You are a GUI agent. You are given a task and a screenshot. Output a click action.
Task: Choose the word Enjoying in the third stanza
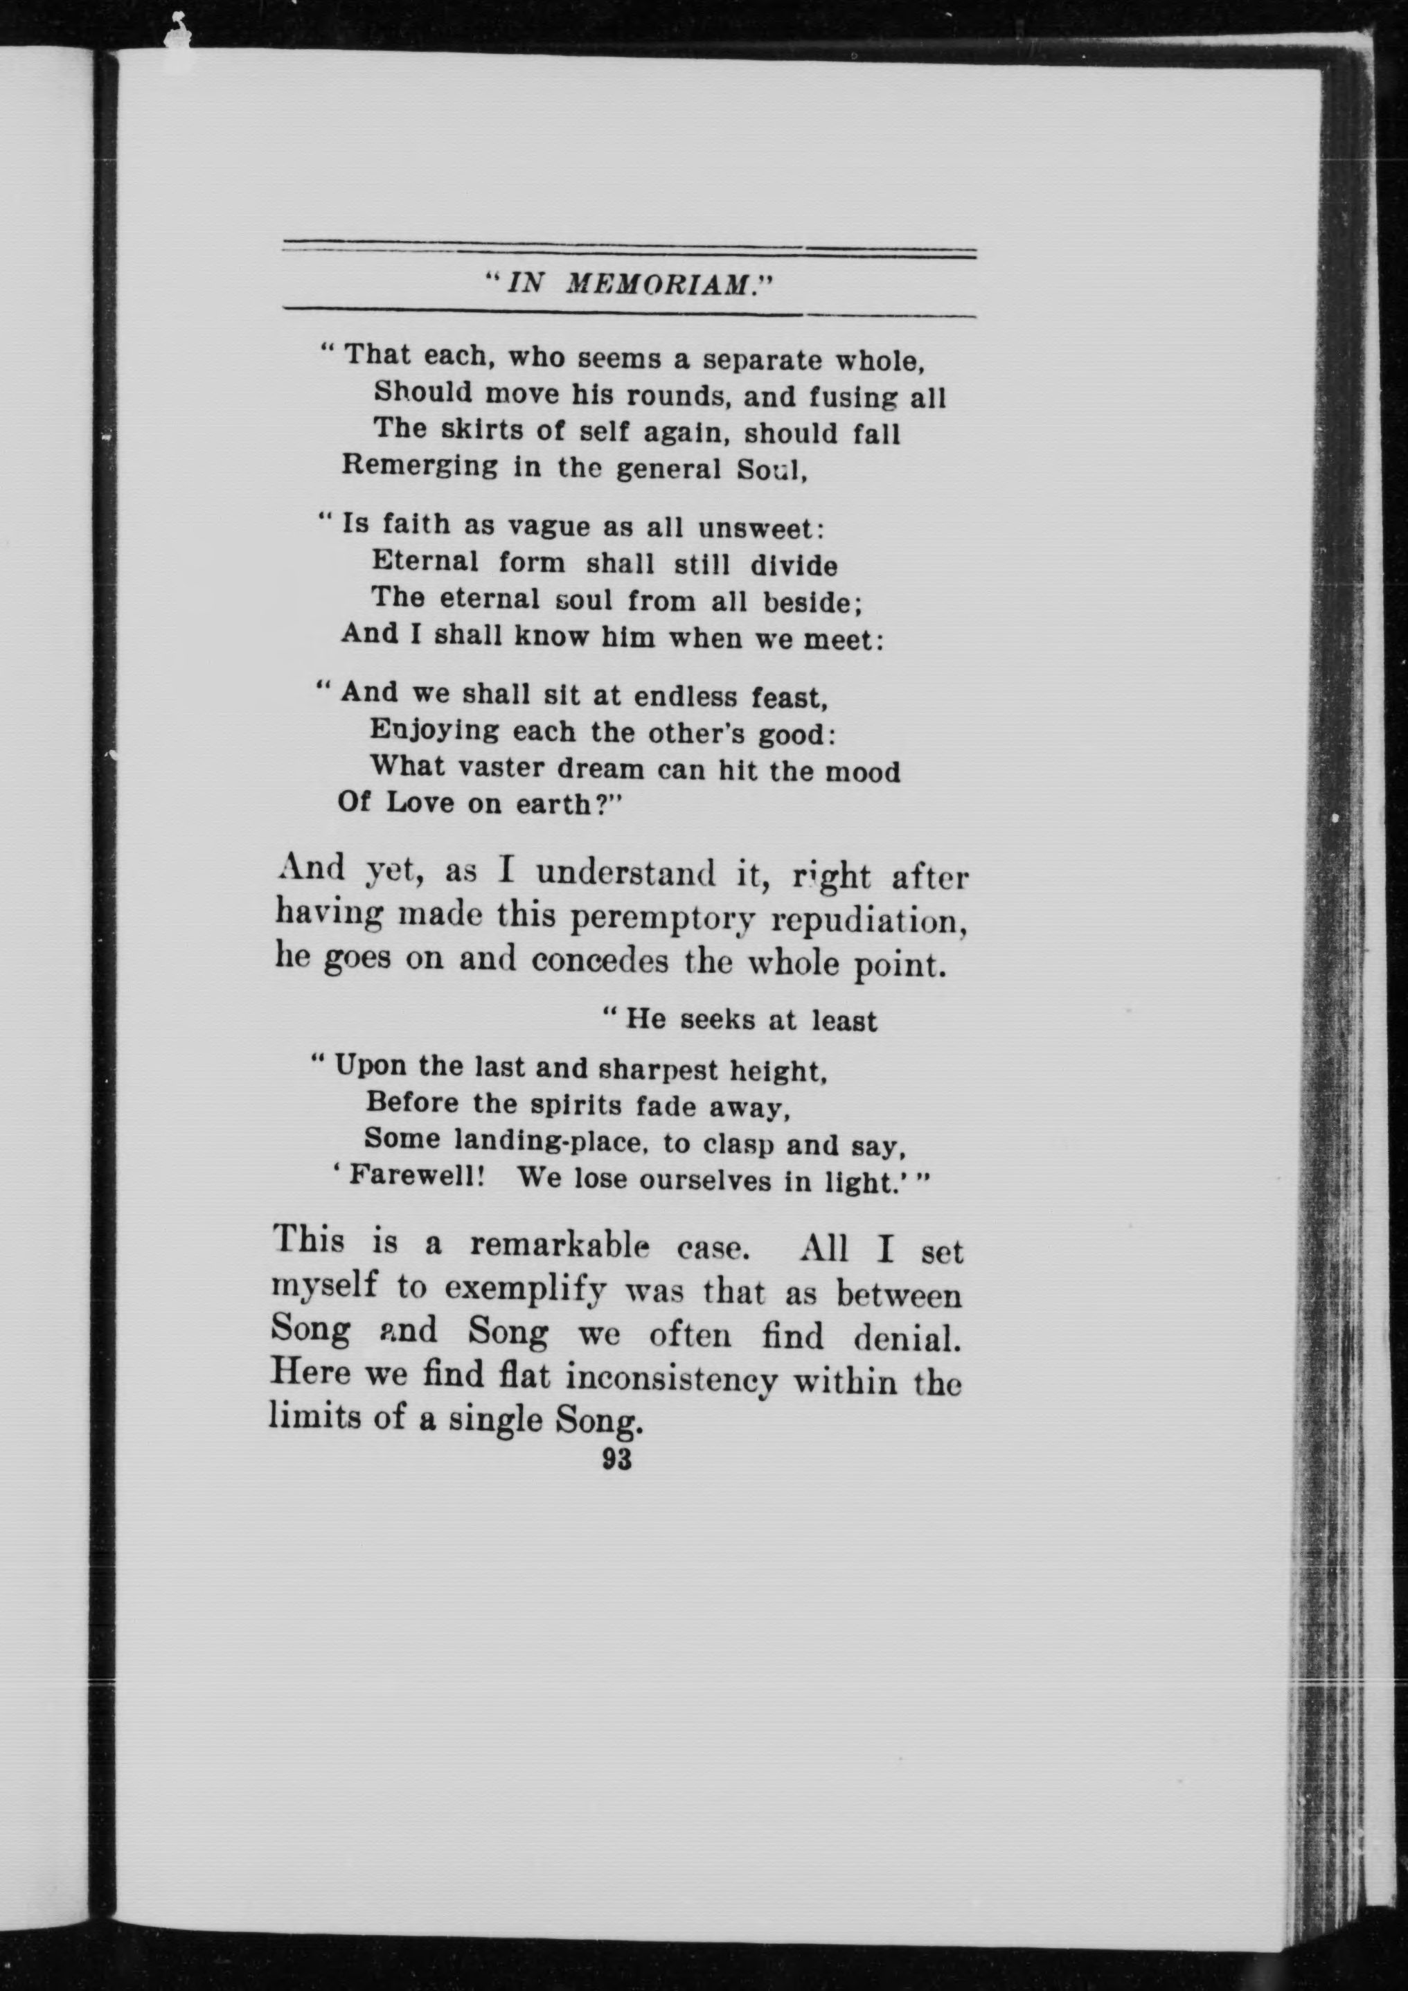pos(434,731)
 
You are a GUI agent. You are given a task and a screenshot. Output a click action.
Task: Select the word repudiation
pos(868,921)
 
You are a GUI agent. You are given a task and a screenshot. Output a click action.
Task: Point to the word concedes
pos(599,961)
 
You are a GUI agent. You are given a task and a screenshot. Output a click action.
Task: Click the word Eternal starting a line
pos(425,561)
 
